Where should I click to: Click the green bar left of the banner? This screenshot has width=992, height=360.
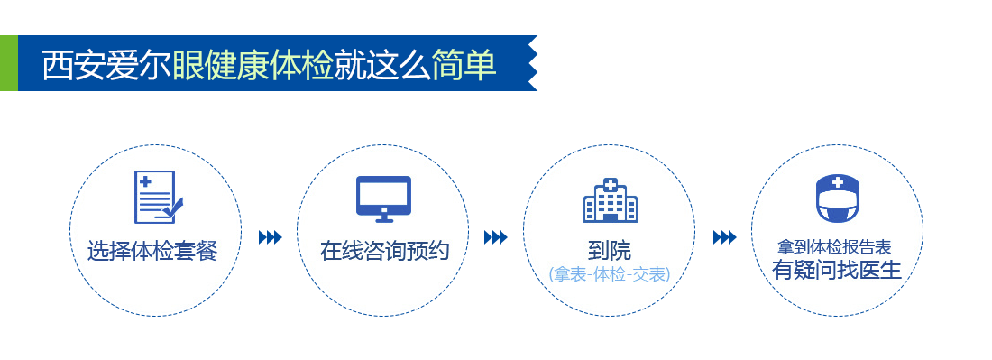[9, 63]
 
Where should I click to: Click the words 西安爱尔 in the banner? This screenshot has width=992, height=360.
[107, 64]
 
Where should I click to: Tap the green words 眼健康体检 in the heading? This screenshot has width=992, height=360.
[253, 64]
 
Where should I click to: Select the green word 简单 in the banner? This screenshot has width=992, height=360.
[464, 64]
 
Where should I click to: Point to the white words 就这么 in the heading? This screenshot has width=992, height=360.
[382, 64]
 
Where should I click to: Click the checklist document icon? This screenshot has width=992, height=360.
[158, 197]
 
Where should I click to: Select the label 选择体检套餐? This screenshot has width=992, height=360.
[152, 251]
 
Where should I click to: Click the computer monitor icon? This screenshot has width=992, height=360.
[383, 198]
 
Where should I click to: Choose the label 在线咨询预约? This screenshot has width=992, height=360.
[384, 251]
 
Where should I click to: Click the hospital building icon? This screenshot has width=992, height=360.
[610, 200]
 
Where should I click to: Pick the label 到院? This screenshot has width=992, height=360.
[610, 251]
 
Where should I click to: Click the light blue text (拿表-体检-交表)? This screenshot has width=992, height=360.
[610, 274]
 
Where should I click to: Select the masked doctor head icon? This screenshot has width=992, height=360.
[838, 198]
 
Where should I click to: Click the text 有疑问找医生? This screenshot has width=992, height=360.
[836, 270]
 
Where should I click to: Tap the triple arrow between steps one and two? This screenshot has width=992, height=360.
[271, 237]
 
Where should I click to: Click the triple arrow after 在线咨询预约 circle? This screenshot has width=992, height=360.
[496, 237]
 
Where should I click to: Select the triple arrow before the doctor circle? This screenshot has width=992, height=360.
[724, 237]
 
